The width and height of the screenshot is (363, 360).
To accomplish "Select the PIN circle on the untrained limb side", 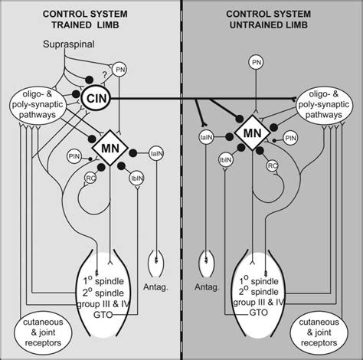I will click(291, 138).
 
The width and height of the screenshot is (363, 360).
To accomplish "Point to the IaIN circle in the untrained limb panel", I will click(205, 138).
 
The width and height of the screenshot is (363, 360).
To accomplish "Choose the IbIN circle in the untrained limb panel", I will click(227, 162).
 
